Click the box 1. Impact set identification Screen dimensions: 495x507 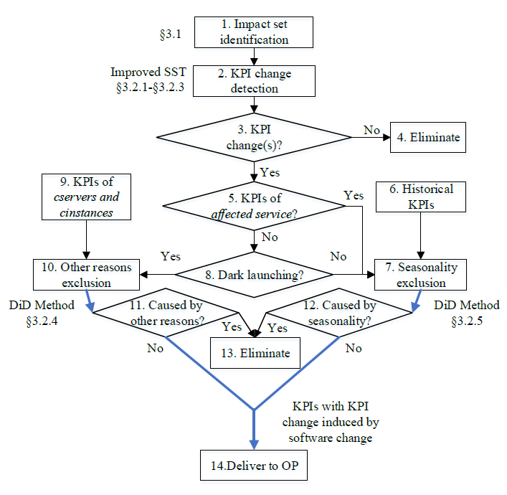click(x=254, y=33)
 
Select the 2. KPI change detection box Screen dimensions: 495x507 click(x=254, y=81)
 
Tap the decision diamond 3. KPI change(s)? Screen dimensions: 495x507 click(x=254, y=136)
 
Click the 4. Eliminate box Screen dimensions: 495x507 click(x=428, y=136)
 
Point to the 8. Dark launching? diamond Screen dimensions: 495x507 click(x=254, y=274)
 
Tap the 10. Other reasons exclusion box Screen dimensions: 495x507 click(x=87, y=274)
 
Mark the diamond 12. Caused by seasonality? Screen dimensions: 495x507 click(x=337, y=313)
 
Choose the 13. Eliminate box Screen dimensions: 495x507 click(x=255, y=352)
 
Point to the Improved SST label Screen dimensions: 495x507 click(x=146, y=72)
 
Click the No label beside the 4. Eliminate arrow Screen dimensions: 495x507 click(x=371, y=130)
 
